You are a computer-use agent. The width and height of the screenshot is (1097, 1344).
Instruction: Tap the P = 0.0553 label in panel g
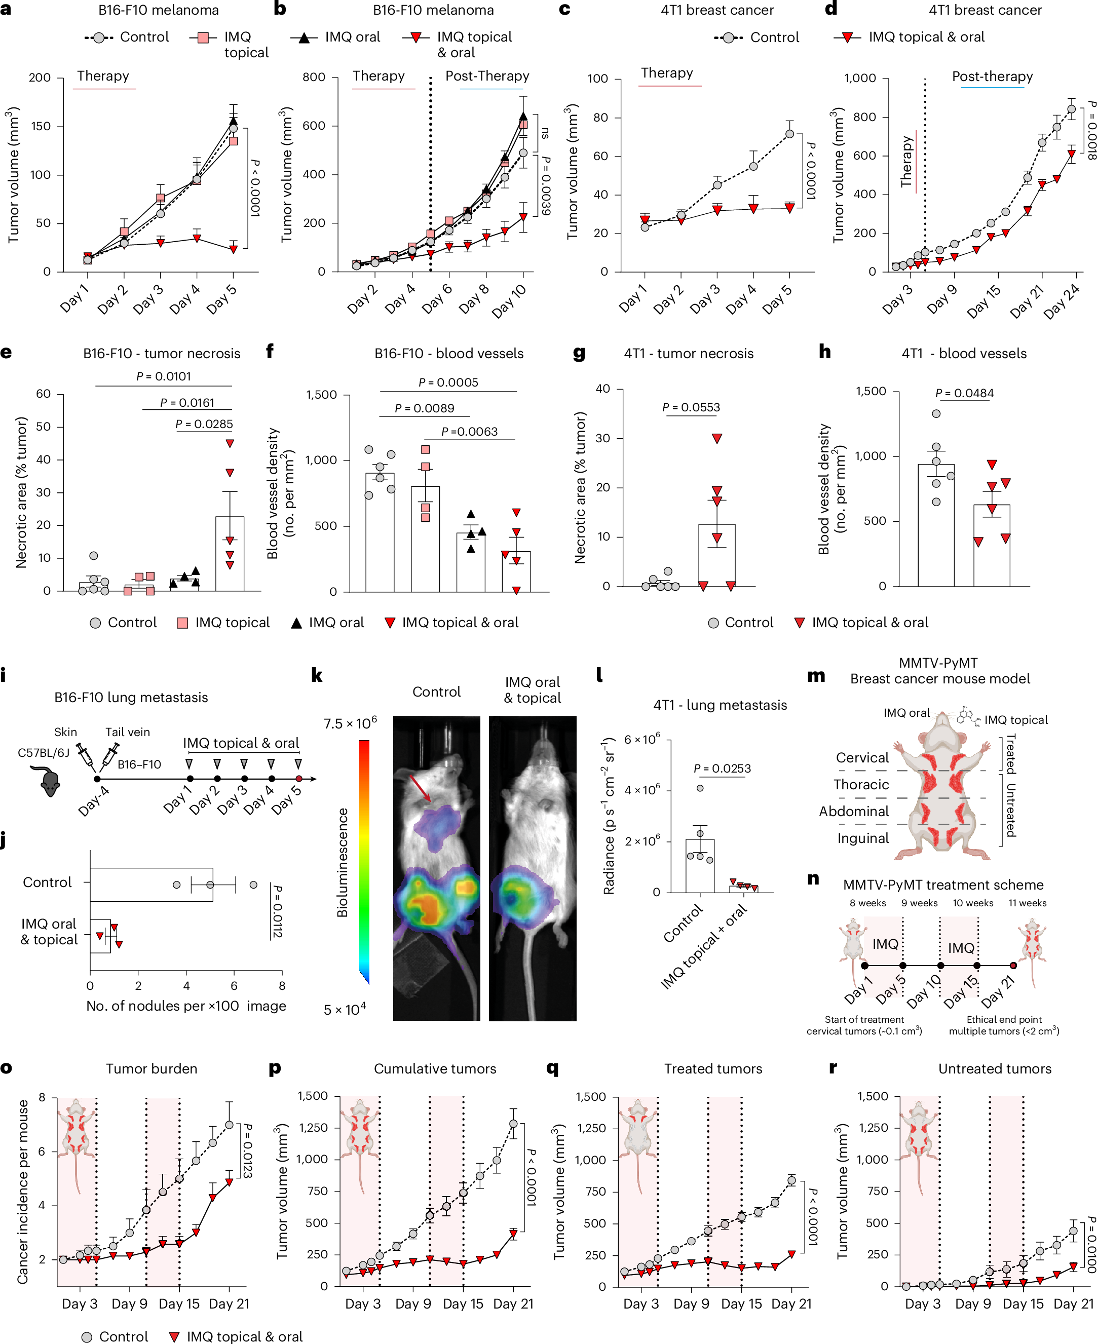coord(691,408)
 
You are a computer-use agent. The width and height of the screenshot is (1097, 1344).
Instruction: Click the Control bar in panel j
coord(151,885)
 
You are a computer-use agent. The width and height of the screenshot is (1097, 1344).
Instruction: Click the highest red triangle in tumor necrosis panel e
coord(230,444)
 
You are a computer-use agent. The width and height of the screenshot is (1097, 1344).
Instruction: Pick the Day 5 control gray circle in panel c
coord(789,134)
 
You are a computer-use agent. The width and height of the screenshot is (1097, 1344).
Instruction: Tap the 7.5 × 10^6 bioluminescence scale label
coord(350,723)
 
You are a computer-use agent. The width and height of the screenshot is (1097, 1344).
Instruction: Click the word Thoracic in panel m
coord(861,785)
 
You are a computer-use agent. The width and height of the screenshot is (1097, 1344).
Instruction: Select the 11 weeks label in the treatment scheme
coord(1027,903)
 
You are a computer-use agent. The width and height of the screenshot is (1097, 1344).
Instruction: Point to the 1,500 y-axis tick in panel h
coord(871,391)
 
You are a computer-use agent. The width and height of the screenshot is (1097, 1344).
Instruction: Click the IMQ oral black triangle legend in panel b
coord(304,38)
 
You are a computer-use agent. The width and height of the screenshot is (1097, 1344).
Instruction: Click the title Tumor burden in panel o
coord(152,1068)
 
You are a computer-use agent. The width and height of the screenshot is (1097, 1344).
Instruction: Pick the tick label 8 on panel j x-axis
coord(282,986)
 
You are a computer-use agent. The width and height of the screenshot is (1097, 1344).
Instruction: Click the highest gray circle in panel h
coord(936,414)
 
